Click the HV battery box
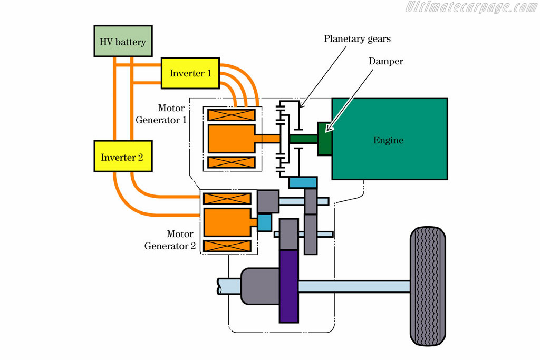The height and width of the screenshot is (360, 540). (123, 41)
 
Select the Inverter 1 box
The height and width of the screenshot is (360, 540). (190, 73)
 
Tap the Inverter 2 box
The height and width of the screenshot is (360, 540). (123, 156)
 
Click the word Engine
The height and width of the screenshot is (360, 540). (389, 140)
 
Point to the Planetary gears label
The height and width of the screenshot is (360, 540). (357, 39)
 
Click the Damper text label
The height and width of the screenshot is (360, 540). (385, 61)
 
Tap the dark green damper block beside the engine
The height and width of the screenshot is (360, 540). (324, 139)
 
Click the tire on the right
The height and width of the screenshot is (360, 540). (428, 286)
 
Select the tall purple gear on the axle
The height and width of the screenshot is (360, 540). (288, 286)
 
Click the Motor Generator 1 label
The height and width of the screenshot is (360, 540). (161, 114)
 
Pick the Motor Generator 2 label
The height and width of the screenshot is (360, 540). (170, 240)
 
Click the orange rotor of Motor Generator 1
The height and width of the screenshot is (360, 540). (232, 139)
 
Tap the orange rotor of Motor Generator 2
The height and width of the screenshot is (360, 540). (227, 222)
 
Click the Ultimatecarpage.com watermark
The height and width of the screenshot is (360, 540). (470, 7)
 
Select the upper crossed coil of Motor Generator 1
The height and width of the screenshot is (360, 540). (232, 114)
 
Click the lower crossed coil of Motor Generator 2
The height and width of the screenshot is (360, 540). (227, 246)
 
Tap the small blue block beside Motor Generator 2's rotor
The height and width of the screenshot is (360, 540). (265, 222)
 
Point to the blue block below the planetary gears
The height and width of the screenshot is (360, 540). (303, 182)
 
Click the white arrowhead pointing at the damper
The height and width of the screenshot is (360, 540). (329, 127)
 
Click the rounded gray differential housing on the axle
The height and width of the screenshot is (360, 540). (261, 286)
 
